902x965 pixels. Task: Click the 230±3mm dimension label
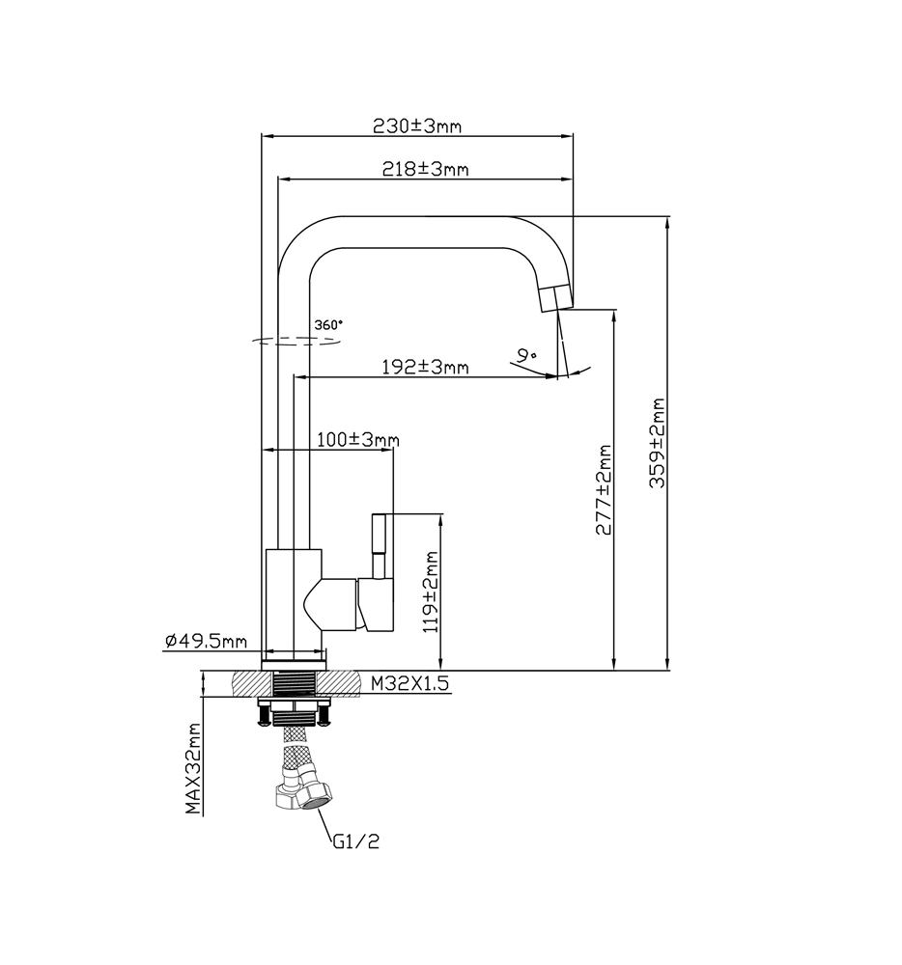[417, 126]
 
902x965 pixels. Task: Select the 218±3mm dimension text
[425, 169]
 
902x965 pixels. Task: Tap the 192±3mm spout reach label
[424, 367]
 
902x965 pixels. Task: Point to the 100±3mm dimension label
[357, 440]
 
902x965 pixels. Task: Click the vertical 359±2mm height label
[658, 444]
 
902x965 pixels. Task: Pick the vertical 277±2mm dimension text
[605, 490]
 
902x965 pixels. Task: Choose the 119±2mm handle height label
[431, 592]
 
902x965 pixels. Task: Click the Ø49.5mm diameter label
[206, 641]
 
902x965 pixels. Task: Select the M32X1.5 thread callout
[411, 683]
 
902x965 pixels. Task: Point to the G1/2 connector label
[356, 841]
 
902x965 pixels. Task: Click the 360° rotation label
[328, 325]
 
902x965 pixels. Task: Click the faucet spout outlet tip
[553, 297]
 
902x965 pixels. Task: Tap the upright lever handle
[381, 545]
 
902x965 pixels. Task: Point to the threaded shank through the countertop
[296, 682]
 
